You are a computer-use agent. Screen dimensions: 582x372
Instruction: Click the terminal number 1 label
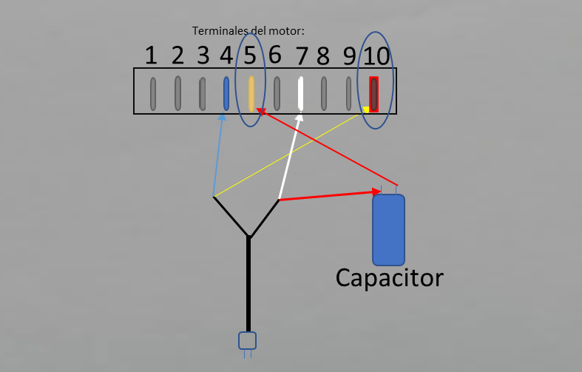point(151,55)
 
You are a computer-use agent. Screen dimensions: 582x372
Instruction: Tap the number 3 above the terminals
point(203,55)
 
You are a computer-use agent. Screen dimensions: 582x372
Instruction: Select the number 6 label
point(274,55)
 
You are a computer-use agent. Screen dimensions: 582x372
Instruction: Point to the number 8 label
point(323,56)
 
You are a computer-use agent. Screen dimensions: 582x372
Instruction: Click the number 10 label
point(376,56)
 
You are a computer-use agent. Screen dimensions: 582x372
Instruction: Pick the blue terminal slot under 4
point(226,94)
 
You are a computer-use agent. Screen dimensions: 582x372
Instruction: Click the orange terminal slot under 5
point(251,94)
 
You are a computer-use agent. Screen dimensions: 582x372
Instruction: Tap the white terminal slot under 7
point(301,94)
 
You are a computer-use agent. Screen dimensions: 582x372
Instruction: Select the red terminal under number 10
point(373,95)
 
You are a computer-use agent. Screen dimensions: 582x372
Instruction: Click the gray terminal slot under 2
point(177,93)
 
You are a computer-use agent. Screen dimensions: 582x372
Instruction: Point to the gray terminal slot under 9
point(348,94)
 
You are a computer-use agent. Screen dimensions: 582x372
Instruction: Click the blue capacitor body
point(389,230)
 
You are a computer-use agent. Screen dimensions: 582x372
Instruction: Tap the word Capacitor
point(390,278)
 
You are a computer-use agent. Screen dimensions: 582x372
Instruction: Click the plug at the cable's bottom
point(247,341)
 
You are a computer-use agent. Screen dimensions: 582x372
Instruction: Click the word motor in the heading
point(286,31)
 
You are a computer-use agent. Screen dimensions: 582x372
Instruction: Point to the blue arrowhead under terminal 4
point(222,117)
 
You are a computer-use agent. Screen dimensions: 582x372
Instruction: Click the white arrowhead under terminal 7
point(300,117)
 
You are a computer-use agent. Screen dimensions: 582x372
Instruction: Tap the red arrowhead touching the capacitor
point(376,192)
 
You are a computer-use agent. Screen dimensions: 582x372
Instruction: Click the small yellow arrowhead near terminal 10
point(366,109)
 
